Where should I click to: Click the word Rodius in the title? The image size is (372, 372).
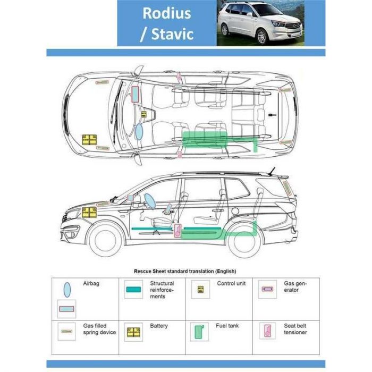[166, 13]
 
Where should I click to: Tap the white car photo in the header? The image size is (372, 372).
[260, 23]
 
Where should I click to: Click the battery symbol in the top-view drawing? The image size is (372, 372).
[89, 140]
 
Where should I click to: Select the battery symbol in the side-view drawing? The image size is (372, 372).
[89, 213]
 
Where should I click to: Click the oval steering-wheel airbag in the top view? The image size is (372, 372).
[139, 132]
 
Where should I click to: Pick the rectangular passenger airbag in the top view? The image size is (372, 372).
[135, 94]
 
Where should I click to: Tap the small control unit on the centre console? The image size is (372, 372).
[144, 114]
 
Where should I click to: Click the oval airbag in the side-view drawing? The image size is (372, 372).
[150, 201]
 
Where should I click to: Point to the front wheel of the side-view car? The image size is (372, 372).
[105, 240]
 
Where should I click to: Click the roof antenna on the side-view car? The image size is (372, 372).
[271, 171]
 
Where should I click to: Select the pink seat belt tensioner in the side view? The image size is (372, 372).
[177, 231]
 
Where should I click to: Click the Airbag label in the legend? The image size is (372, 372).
[91, 283]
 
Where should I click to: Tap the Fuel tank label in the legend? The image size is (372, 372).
[227, 326]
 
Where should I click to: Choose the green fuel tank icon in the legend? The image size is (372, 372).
[199, 332]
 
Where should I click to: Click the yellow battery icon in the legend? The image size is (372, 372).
[133, 332]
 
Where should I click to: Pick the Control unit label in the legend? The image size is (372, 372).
[231, 283]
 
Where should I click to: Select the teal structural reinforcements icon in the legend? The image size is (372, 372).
[133, 289]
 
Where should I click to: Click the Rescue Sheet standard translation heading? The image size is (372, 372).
[185, 271]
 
